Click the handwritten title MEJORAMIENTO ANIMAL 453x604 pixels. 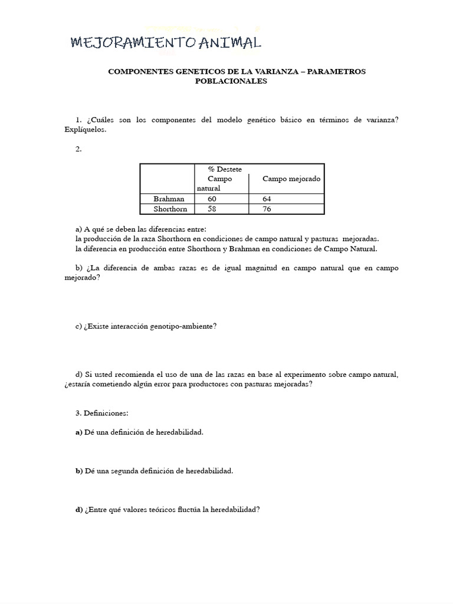pyautogui.click(x=165, y=42)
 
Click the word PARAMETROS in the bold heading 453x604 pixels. pyautogui.click(x=336, y=71)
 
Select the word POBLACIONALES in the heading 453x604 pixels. pyautogui.click(x=231, y=81)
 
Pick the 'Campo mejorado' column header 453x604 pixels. pyautogui.click(x=291, y=179)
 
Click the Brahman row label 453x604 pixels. pyautogui.click(x=168, y=199)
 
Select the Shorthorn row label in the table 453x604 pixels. pyautogui.click(x=169, y=209)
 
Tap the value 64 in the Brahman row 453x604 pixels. pyautogui.click(x=267, y=199)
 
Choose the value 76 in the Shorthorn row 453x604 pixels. pyautogui.click(x=267, y=209)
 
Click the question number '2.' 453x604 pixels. pyautogui.click(x=78, y=149)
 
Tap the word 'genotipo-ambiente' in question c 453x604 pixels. pyautogui.click(x=184, y=326)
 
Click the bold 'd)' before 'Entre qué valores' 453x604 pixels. pyautogui.click(x=79, y=510)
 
